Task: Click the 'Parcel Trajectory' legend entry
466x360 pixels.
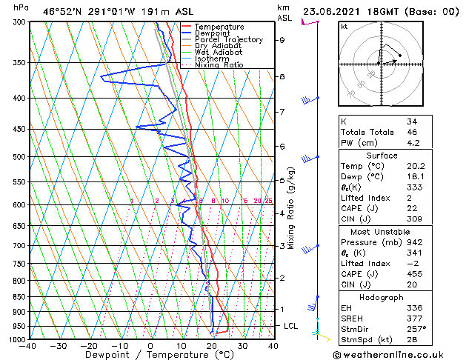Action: [228, 39]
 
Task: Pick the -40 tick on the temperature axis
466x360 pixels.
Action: [28, 346]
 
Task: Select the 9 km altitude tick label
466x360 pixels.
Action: [282, 40]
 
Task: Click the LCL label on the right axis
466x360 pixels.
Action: [291, 326]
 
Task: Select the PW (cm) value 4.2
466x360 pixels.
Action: [413, 143]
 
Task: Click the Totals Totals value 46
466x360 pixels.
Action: [412, 132]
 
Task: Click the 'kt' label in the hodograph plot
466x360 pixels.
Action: [344, 26]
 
